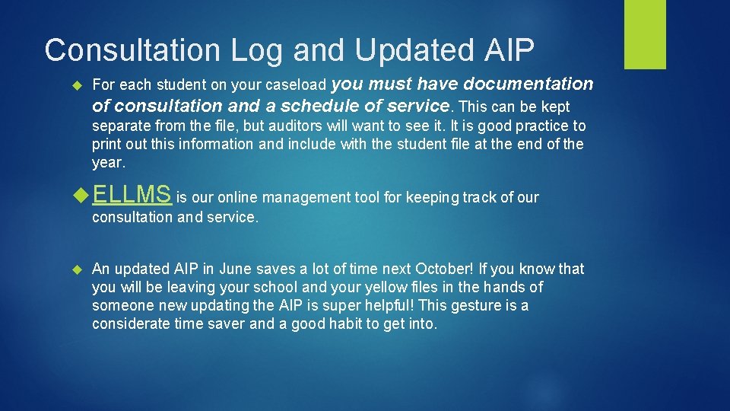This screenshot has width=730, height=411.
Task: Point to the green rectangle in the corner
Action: click(645, 34)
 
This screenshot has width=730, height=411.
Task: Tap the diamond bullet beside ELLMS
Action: click(81, 196)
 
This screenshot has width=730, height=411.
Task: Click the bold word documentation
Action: click(528, 84)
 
